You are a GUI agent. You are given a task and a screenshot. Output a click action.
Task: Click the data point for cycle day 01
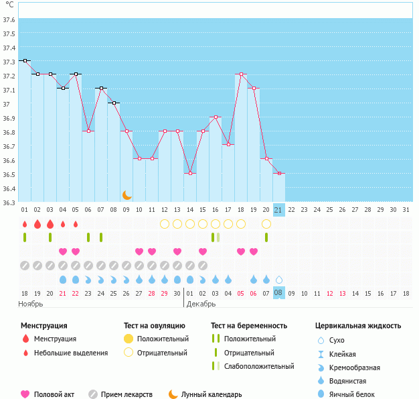(x=25, y=60)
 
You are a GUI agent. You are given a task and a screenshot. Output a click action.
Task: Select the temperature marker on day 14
(x=190, y=173)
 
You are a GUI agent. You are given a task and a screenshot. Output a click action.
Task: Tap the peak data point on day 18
(x=241, y=74)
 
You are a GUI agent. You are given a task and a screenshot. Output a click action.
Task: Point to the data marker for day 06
(x=88, y=131)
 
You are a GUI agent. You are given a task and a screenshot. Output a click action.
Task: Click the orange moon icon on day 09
(x=127, y=195)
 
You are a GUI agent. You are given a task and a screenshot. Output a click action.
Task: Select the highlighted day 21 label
(x=279, y=210)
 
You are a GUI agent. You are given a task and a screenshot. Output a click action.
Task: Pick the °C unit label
(x=8, y=5)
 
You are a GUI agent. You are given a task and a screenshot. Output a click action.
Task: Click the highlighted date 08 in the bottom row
(x=279, y=293)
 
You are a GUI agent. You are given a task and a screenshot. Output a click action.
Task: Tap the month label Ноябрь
(x=31, y=304)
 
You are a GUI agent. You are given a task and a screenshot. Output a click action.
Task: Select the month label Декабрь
(x=201, y=304)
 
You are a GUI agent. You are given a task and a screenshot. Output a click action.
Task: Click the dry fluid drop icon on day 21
(x=279, y=279)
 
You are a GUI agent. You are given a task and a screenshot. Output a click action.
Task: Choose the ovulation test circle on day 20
(x=266, y=223)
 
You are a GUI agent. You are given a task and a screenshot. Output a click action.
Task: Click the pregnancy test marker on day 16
(x=216, y=237)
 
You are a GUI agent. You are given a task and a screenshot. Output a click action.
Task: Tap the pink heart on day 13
(x=177, y=251)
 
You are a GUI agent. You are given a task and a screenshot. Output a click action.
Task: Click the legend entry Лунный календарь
(x=214, y=394)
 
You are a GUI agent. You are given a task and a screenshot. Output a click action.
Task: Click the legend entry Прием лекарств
(x=127, y=394)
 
